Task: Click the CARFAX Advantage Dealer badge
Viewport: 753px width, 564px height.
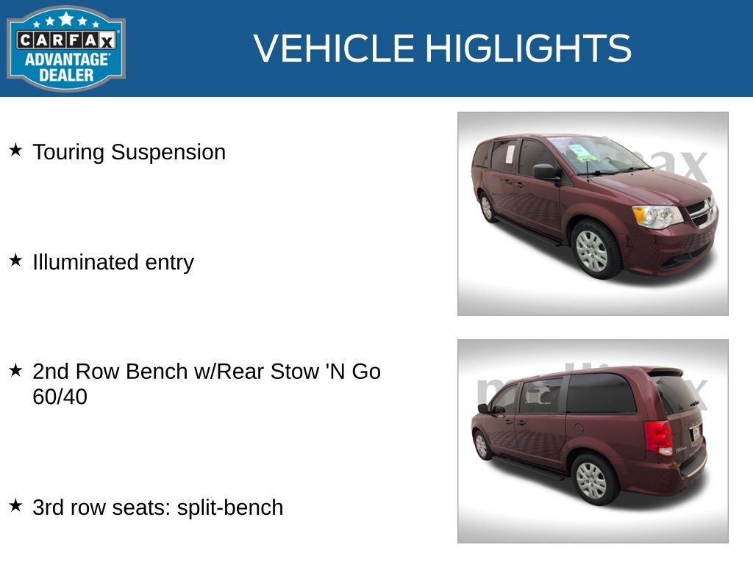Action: pyautogui.click(x=65, y=48)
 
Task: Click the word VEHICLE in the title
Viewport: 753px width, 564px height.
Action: pyautogui.click(x=334, y=48)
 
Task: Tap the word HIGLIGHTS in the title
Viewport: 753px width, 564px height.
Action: pyautogui.click(x=528, y=48)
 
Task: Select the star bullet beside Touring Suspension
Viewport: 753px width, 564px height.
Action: pyautogui.click(x=16, y=150)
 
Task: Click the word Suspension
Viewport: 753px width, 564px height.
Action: pyautogui.click(x=168, y=153)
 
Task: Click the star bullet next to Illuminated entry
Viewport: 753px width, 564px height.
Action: pyautogui.click(x=16, y=261)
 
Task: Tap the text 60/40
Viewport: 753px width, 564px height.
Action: pyautogui.click(x=60, y=397)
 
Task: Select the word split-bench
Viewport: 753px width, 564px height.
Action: pyautogui.click(x=230, y=507)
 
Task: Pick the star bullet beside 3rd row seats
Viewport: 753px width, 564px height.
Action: pyautogui.click(x=16, y=505)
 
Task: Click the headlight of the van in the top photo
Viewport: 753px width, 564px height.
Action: pyautogui.click(x=657, y=217)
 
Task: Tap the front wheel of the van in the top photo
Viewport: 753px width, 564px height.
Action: pyautogui.click(x=594, y=250)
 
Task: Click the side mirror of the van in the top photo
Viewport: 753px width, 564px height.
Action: pyautogui.click(x=546, y=172)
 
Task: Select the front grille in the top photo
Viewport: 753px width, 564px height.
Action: pyautogui.click(x=701, y=211)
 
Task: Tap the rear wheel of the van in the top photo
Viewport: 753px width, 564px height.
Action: pyautogui.click(x=488, y=207)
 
